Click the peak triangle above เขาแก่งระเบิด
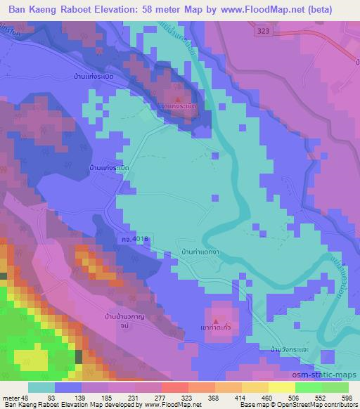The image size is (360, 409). click(x=178, y=98)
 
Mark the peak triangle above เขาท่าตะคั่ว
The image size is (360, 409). click(x=216, y=318)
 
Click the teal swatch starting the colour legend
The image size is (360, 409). click(x=41, y=387)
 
